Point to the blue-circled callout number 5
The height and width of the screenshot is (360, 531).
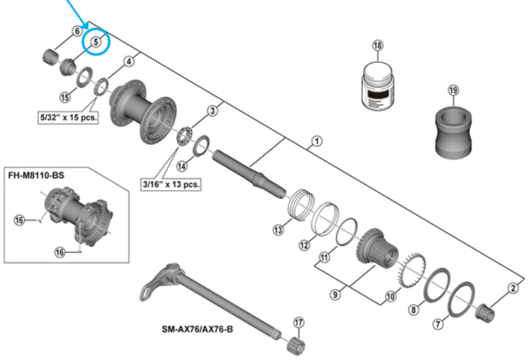click(95, 41)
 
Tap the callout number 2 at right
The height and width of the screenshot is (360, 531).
click(512, 287)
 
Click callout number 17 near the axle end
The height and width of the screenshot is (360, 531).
click(298, 322)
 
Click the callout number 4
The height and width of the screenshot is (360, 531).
click(129, 61)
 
